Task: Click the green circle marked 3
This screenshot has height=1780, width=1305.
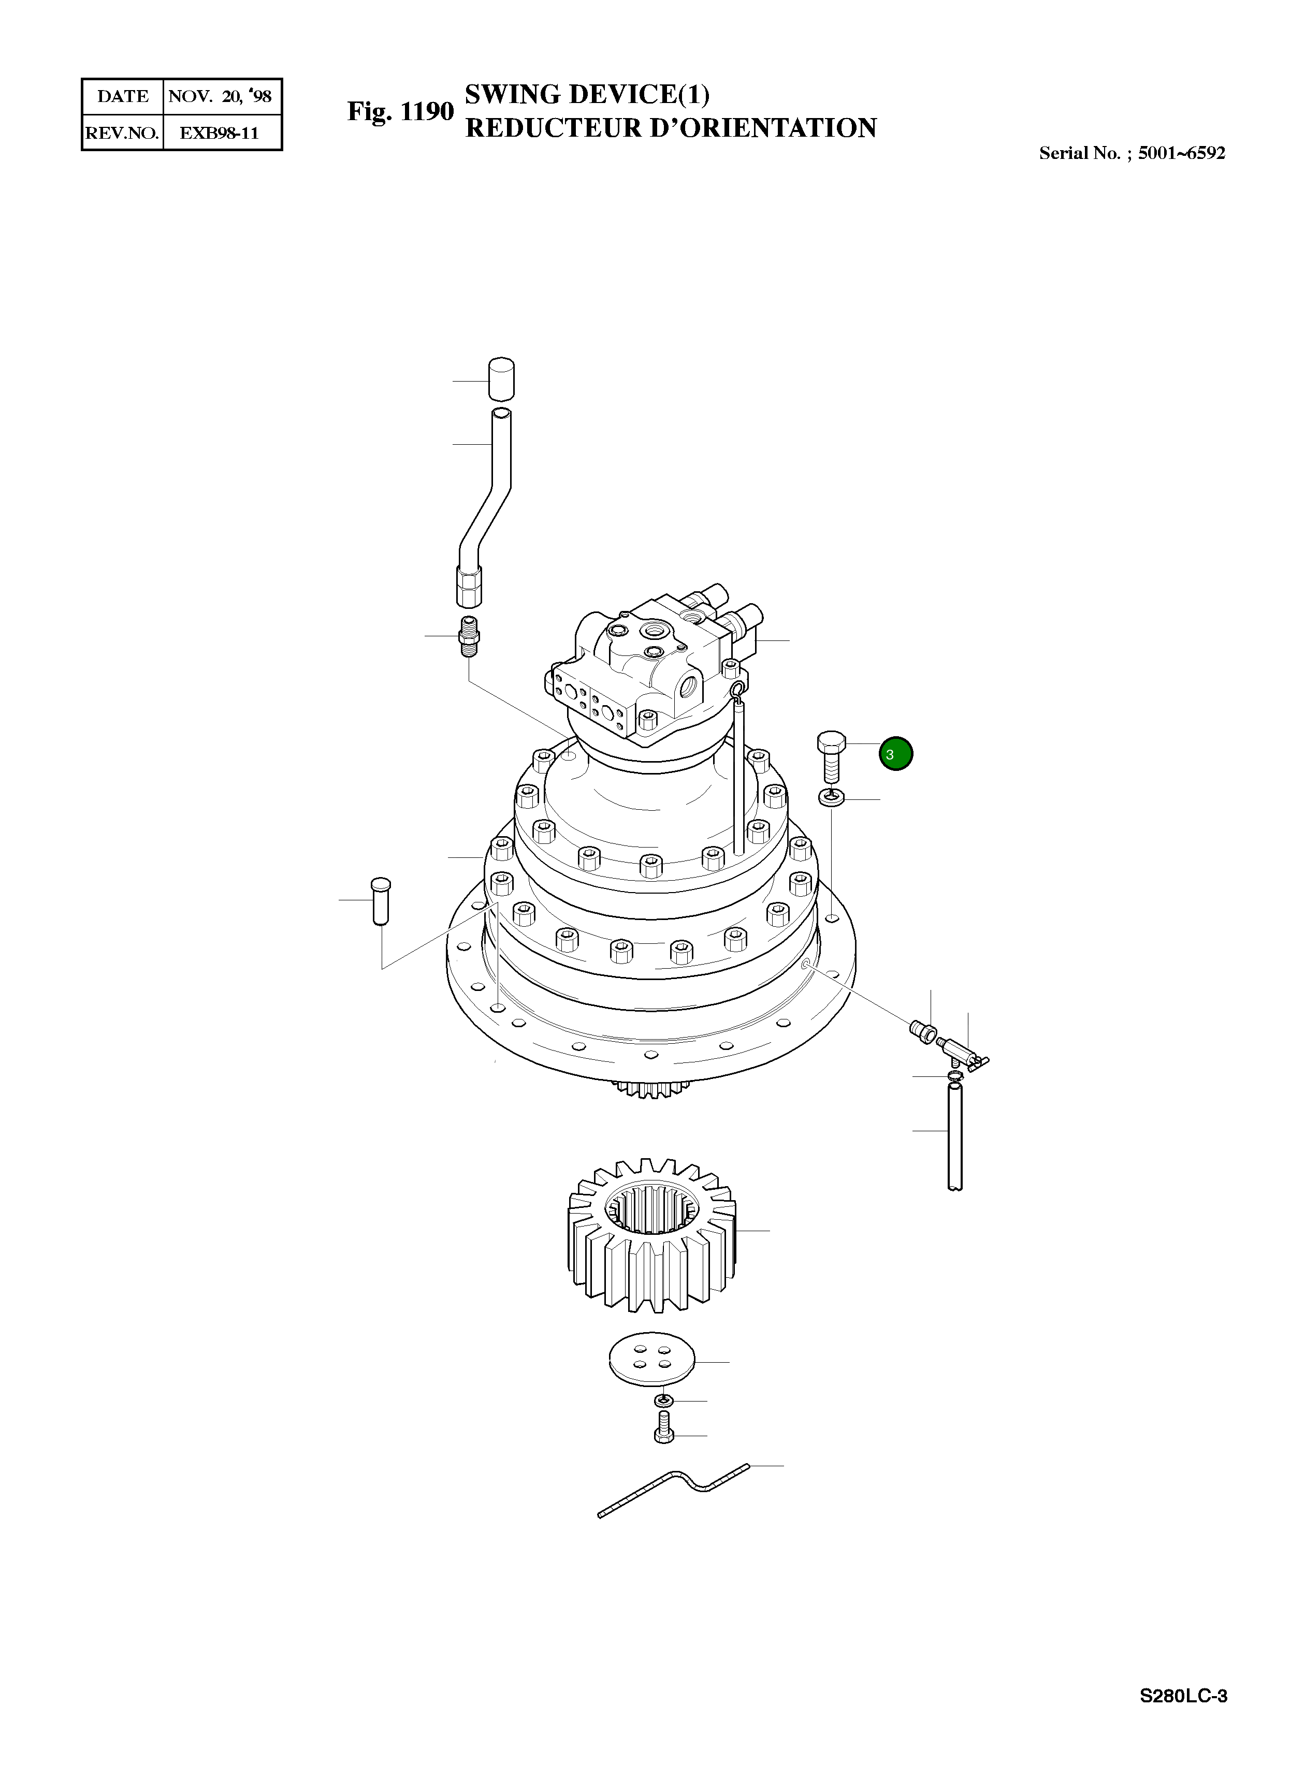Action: (x=896, y=753)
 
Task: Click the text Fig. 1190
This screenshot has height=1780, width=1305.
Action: (x=400, y=111)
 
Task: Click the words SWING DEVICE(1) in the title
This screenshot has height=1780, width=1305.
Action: (x=587, y=94)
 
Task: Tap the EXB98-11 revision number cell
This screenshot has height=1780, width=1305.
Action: (x=221, y=133)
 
